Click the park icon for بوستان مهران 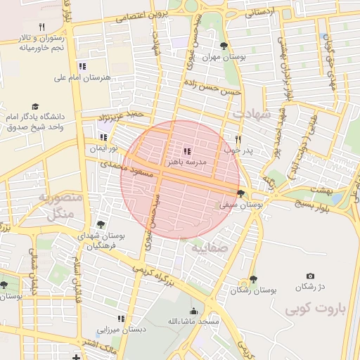coord(224,46)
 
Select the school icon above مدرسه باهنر coord(186,150)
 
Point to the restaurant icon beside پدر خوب coord(238,139)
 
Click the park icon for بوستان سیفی coord(241,194)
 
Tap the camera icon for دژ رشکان coord(310,276)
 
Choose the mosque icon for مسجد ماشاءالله coord(194,311)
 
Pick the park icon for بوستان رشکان coord(253,279)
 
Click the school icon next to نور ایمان coord(104,138)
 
